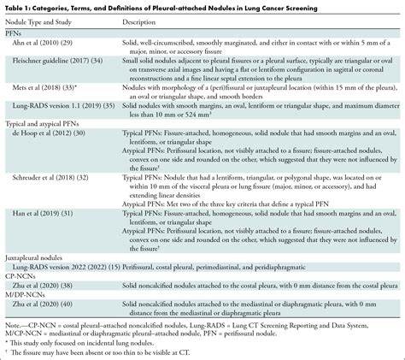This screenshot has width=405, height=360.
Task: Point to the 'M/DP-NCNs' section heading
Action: coord(25,315)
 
